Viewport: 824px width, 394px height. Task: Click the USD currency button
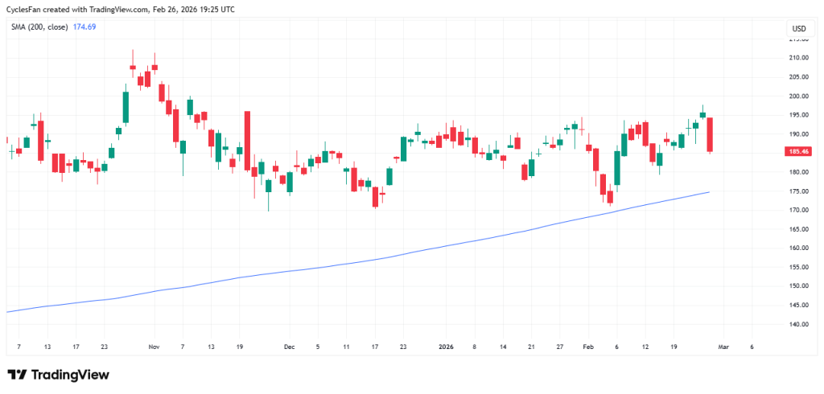point(798,29)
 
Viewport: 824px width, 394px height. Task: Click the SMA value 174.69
point(84,27)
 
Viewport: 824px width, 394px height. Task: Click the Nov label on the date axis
point(154,347)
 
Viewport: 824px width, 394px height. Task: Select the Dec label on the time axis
point(289,347)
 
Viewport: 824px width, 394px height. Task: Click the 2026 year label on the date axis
point(447,347)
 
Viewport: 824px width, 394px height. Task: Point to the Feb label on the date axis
point(588,347)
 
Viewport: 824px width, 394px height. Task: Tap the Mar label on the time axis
point(723,347)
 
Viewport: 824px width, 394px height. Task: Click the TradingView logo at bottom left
point(58,375)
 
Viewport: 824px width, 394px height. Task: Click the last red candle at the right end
point(710,134)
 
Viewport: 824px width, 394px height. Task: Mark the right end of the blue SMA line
point(708,192)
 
